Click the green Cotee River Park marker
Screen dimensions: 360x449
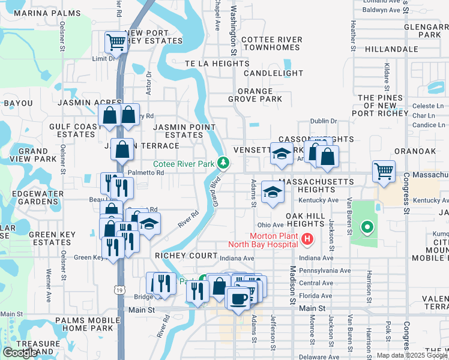(223, 163)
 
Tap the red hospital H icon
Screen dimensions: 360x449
(307, 239)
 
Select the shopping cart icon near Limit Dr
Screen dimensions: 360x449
(115, 42)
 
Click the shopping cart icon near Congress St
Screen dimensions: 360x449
(384, 170)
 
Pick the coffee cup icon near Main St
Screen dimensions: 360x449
(238, 298)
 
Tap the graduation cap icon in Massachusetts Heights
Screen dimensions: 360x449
(273, 192)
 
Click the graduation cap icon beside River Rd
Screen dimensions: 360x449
(148, 224)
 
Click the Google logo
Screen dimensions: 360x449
(20, 353)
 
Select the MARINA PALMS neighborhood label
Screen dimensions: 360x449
(38, 13)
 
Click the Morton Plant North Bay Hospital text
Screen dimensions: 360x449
(263, 239)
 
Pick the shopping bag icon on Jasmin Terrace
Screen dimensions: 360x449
(122, 150)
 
